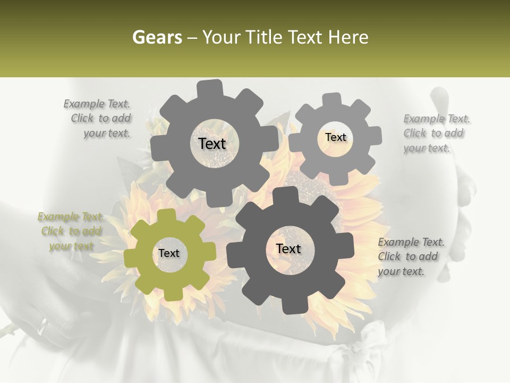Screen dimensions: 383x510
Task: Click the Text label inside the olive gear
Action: pos(169,254)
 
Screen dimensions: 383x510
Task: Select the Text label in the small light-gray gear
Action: pos(335,137)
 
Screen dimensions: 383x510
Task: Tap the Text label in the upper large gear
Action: pos(212,144)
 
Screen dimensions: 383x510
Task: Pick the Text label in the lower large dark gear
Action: pos(288,248)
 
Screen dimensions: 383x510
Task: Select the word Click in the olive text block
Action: pos(53,231)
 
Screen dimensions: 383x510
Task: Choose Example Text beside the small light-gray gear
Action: pos(437,119)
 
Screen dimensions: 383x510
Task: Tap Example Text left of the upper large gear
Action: pos(97,104)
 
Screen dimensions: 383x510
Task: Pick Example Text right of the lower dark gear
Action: pos(411,243)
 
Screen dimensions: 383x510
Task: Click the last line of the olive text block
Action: pos(71,246)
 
